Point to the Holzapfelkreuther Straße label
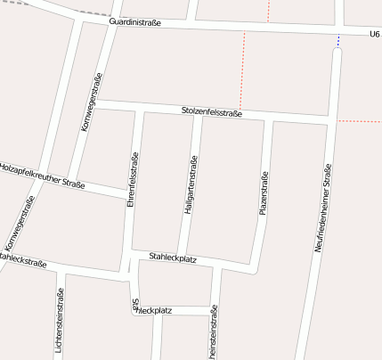point(42,175)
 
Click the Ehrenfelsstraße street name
point(132,180)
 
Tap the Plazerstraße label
point(264,193)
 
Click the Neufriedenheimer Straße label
point(322,208)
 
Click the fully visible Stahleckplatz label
point(173,257)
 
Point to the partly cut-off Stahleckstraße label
point(23,260)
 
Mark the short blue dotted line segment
point(338,40)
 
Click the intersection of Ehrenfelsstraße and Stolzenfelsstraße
point(137,108)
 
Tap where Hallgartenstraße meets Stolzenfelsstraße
point(198,112)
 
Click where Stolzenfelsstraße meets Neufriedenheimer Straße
point(332,119)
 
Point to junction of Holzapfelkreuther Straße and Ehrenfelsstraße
point(129,194)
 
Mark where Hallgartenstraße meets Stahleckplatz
point(182,256)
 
